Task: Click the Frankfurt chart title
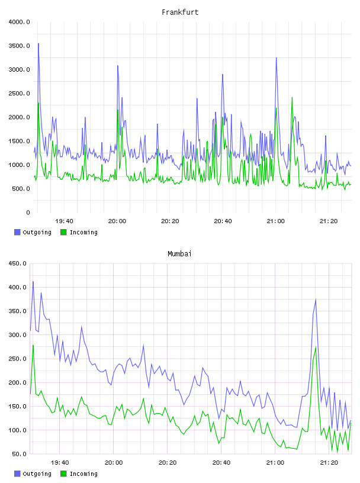pos(180,12)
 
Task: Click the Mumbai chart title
pos(179,254)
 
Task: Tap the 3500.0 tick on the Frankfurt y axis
pos(19,46)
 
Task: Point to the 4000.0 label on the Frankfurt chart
pos(19,22)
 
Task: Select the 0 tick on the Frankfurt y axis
pos(28,212)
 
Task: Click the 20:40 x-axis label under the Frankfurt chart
pos(223,221)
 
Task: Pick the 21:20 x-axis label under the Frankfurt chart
pos(329,221)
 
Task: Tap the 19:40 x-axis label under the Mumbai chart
pos(60,463)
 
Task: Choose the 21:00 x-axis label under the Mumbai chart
pos(275,463)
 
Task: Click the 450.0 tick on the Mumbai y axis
pos(17,263)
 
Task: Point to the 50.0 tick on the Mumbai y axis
pos(19,454)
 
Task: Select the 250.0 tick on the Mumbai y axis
pos(17,359)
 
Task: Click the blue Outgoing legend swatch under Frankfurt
pos(17,232)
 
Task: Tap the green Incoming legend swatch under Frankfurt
pos(63,232)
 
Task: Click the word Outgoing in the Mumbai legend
pos(37,474)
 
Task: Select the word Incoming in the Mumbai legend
pos(83,474)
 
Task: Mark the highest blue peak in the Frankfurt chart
pos(38,44)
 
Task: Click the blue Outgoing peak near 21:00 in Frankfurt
pos(276,58)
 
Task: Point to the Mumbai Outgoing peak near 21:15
pos(316,300)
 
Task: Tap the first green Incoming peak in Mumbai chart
pos(33,345)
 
